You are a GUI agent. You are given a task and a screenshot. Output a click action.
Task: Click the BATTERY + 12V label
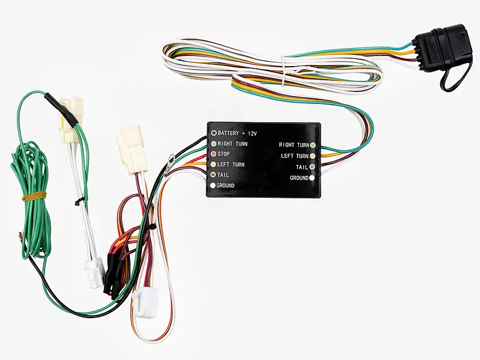click(x=237, y=133)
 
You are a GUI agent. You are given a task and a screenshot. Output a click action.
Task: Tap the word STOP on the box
click(x=223, y=154)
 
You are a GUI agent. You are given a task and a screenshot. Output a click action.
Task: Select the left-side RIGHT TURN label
click(x=232, y=144)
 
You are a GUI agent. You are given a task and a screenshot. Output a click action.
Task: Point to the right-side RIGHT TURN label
click(x=294, y=145)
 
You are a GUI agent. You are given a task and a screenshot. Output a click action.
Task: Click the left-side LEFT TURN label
click(x=231, y=164)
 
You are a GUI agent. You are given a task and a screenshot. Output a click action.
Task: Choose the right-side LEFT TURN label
click(x=295, y=156)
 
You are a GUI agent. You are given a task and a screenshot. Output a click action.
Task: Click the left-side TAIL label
click(x=223, y=175)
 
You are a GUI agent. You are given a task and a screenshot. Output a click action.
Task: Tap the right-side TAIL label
click(x=302, y=167)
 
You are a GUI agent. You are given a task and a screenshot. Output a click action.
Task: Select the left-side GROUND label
click(x=225, y=186)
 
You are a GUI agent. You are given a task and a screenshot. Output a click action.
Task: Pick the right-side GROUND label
click(x=299, y=178)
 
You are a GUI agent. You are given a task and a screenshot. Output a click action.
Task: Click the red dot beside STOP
click(x=213, y=154)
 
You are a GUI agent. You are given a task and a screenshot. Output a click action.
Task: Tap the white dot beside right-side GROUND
click(x=312, y=178)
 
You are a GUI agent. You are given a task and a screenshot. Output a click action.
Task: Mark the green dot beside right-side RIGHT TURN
click(x=312, y=145)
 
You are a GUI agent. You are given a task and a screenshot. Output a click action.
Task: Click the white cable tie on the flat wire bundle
click(x=284, y=71)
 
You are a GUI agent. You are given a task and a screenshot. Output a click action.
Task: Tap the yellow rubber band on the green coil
click(x=34, y=197)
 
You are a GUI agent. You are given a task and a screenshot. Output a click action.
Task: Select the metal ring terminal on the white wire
click(x=171, y=159)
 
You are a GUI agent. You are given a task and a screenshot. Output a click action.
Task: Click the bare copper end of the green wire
click(x=21, y=235)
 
